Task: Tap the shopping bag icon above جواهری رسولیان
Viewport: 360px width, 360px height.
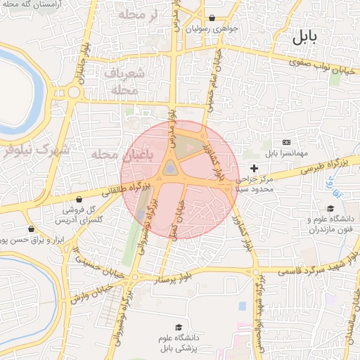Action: pos(212,18)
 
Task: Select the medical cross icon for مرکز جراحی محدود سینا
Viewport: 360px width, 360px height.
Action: pos(254,168)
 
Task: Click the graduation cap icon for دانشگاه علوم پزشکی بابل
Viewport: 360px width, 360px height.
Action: pos(179,328)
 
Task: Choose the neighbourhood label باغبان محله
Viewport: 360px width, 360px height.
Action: pos(122,155)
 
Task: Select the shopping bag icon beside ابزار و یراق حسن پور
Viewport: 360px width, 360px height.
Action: pos(31,229)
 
